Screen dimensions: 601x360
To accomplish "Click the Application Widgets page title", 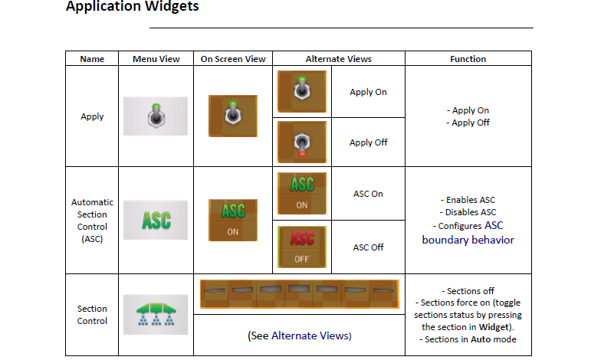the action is click(132, 6).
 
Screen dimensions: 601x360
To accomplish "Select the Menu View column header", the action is click(156, 59).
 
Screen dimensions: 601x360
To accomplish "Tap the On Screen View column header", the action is click(233, 59).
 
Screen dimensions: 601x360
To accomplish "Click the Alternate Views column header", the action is click(339, 59).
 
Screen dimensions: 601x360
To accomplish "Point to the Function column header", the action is click(468, 59).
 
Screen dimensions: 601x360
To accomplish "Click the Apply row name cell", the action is click(92, 116).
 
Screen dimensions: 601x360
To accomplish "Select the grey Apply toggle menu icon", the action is click(156, 116).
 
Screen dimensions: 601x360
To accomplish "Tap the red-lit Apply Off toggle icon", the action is click(302, 142).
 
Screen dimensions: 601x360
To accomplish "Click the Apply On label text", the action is click(368, 92).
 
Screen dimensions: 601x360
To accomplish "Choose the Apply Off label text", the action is click(368, 142).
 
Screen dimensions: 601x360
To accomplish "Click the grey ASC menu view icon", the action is click(156, 220).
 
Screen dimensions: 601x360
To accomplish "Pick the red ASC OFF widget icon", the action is click(302, 247).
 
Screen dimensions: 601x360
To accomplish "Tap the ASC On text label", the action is click(368, 194).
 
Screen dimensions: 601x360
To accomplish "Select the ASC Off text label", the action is click(368, 247).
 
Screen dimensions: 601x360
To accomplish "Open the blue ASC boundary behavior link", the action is click(468, 233).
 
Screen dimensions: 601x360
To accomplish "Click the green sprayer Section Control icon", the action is click(156, 314).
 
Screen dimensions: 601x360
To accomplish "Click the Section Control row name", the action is click(92, 315).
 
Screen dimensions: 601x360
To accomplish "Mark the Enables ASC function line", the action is click(468, 200).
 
